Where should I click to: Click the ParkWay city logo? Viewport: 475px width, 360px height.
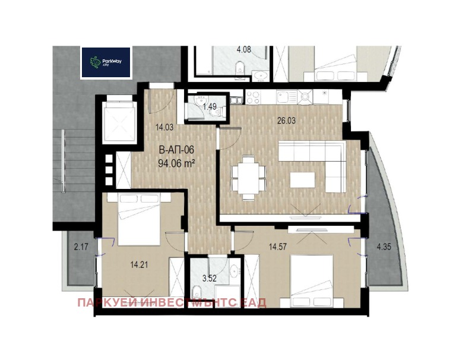pyautogui.click(x=106, y=62)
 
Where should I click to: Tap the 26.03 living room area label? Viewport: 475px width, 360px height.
pyautogui.click(x=286, y=120)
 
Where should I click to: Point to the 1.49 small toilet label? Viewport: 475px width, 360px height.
pyautogui.click(x=209, y=107)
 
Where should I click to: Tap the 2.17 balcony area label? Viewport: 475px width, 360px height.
pyautogui.click(x=80, y=246)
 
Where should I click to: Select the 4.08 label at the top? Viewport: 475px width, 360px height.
pyautogui.click(x=244, y=50)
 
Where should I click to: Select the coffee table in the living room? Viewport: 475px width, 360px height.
pyautogui.click(x=302, y=181)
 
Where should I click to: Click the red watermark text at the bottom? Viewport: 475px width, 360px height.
pyautogui.click(x=172, y=303)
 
